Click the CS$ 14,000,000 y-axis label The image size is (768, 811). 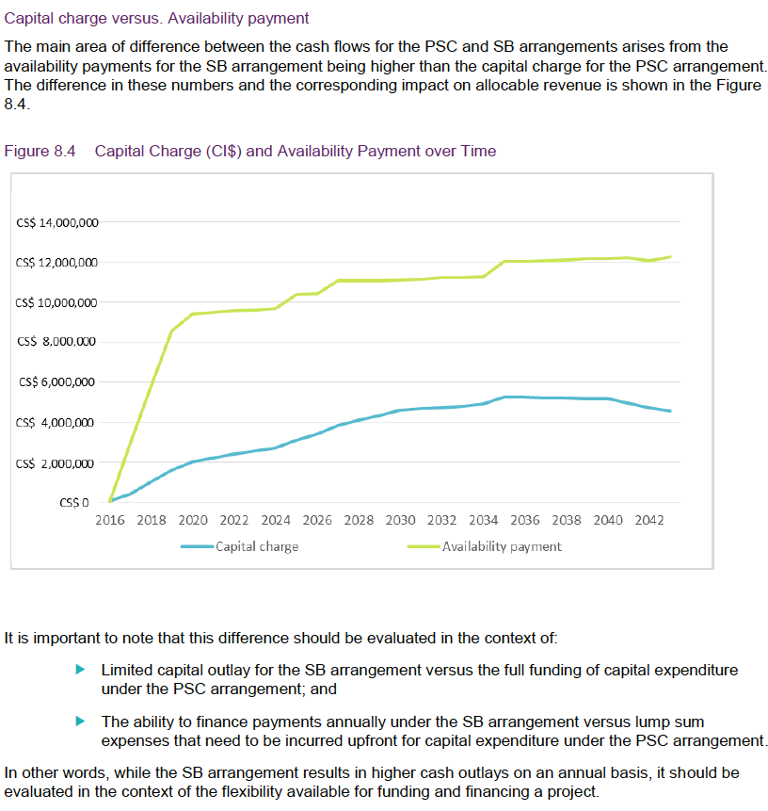click(57, 222)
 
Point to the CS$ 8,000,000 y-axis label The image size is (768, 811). click(57, 342)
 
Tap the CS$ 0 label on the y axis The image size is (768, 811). click(74, 502)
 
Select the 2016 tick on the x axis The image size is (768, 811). click(111, 520)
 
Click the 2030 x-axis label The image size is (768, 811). click(400, 520)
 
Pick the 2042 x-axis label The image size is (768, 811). click(648, 520)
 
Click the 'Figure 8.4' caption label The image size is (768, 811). click(40, 151)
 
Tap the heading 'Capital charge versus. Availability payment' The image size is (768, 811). click(156, 18)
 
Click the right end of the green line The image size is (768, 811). click(670, 256)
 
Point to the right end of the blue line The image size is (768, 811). click(670, 411)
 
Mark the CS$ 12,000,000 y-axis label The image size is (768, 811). click(57, 262)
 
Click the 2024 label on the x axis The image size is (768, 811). click(276, 520)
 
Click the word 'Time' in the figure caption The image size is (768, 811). click(477, 151)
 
